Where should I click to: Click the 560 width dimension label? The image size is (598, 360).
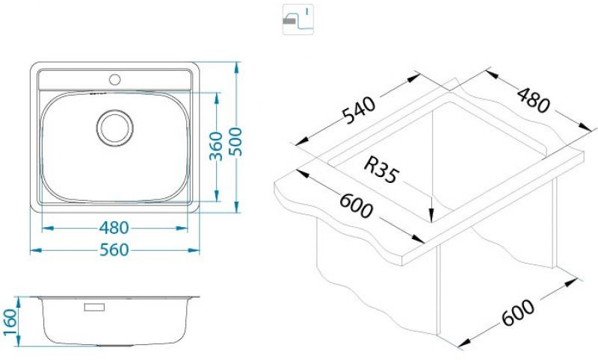(114, 250)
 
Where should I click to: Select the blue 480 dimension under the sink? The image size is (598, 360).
(114, 229)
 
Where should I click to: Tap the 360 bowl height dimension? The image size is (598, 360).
(216, 146)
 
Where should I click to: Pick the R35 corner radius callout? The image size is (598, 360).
(381, 170)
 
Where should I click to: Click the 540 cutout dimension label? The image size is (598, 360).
(359, 111)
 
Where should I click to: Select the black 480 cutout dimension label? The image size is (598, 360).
(534, 100)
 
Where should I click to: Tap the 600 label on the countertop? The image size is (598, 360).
(356, 205)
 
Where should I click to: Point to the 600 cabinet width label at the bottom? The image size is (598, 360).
(518, 313)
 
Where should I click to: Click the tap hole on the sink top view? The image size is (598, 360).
(115, 80)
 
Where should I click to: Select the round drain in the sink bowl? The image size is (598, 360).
(115, 128)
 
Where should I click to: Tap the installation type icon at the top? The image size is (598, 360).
(298, 19)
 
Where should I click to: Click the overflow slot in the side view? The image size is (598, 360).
(94, 307)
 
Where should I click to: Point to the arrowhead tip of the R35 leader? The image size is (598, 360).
(431, 220)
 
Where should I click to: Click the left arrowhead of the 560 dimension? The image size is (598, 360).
(31, 250)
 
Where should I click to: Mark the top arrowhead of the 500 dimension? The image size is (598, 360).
(237, 62)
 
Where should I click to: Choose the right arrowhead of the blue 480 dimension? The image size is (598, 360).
(188, 229)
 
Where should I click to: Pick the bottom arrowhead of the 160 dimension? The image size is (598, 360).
(18, 346)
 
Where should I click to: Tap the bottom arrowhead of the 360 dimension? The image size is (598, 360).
(217, 201)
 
